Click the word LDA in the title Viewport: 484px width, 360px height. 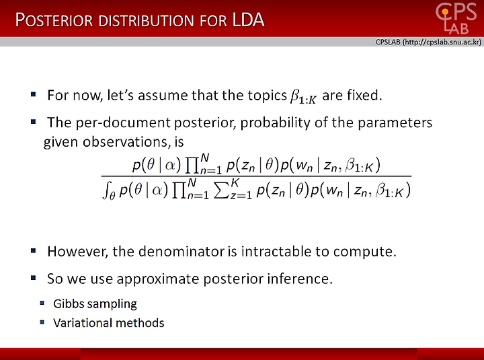pyautogui.click(x=248, y=20)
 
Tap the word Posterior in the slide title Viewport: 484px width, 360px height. pyautogui.click(x=54, y=20)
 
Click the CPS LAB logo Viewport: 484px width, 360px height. pyautogui.click(x=456, y=18)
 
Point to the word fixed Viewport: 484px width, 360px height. pyautogui.click(x=364, y=95)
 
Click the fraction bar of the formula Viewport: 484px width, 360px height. pyautogui.click(x=256, y=176)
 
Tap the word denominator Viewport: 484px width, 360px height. pyautogui.click(x=182, y=252)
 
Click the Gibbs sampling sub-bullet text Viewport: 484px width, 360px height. pyautogui.click(x=95, y=304)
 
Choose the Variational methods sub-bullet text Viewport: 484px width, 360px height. pyautogui.click(x=109, y=323)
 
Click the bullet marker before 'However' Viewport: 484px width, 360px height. pyautogui.click(x=34, y=250)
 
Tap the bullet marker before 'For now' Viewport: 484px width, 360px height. pyautogui.click(x=34, y=94)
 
